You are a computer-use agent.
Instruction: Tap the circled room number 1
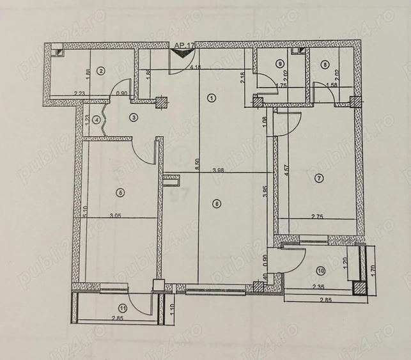[x=212, y=98]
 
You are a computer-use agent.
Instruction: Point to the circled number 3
[x=134, y=117]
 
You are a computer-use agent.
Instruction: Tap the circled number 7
[x=320, y=179]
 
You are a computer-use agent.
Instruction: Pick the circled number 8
[x=325, y=64]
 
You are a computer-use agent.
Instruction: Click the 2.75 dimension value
[x=318, y=217]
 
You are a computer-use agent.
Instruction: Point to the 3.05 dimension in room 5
[x=116, y=216]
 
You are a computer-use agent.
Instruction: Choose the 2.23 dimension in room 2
[x=79, y=95]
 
